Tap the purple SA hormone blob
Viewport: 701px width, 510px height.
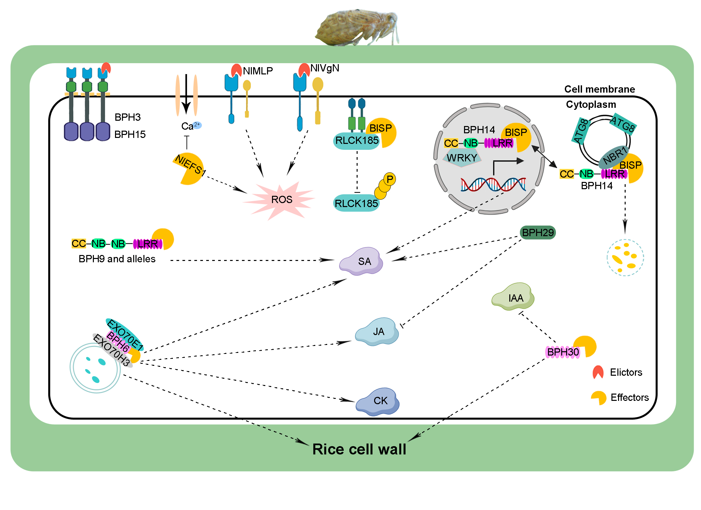(x=362, y=261)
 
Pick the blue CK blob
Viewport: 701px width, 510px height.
(x=378, y=401)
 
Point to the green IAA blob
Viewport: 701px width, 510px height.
(x=514, y=297)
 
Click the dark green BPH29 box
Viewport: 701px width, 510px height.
(x=538, y=233)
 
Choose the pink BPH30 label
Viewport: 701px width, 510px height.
(x=563, y=352)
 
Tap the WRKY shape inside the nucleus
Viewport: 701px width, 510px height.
(x=462, y=158)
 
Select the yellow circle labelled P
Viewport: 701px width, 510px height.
(x=390, y=179)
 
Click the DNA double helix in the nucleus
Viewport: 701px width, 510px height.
(x=493, y=184)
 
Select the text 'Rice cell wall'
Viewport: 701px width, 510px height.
(x=359, y=449)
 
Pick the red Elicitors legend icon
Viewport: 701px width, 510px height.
(x=598, y=372)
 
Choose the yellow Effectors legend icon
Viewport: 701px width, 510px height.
(x=599, y=397)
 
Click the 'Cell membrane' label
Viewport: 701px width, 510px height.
(x=600, y=89)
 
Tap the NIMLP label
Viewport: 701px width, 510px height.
(x=258, y=71)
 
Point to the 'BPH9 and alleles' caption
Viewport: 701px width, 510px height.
(x=117, y=259)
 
